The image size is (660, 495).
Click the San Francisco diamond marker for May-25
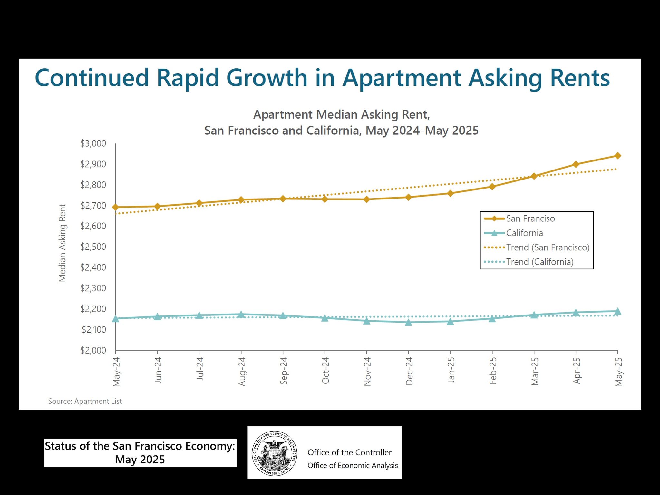pos(617,156)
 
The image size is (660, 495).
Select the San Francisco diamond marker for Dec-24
pos(408,197)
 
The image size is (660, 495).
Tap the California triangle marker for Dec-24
pos(408,322)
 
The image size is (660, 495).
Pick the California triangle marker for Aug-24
pos(241,315)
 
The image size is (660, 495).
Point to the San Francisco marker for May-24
pos(115,207)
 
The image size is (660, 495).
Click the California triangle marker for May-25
pos(617,311)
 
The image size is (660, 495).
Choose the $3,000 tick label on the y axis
pos(93,143)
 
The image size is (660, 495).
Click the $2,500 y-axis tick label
pos(93,247)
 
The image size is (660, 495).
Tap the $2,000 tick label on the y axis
pos(93,350)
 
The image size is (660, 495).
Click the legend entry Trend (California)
pos(539,262)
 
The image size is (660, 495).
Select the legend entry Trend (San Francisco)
pos(548,247)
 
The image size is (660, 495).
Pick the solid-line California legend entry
pos(524,233)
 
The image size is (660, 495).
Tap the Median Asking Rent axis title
pos(62,243)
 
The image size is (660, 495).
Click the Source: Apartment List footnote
pos(85,401)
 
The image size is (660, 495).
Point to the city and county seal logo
pos(274,452)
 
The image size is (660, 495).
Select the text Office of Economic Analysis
pos(353,465)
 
